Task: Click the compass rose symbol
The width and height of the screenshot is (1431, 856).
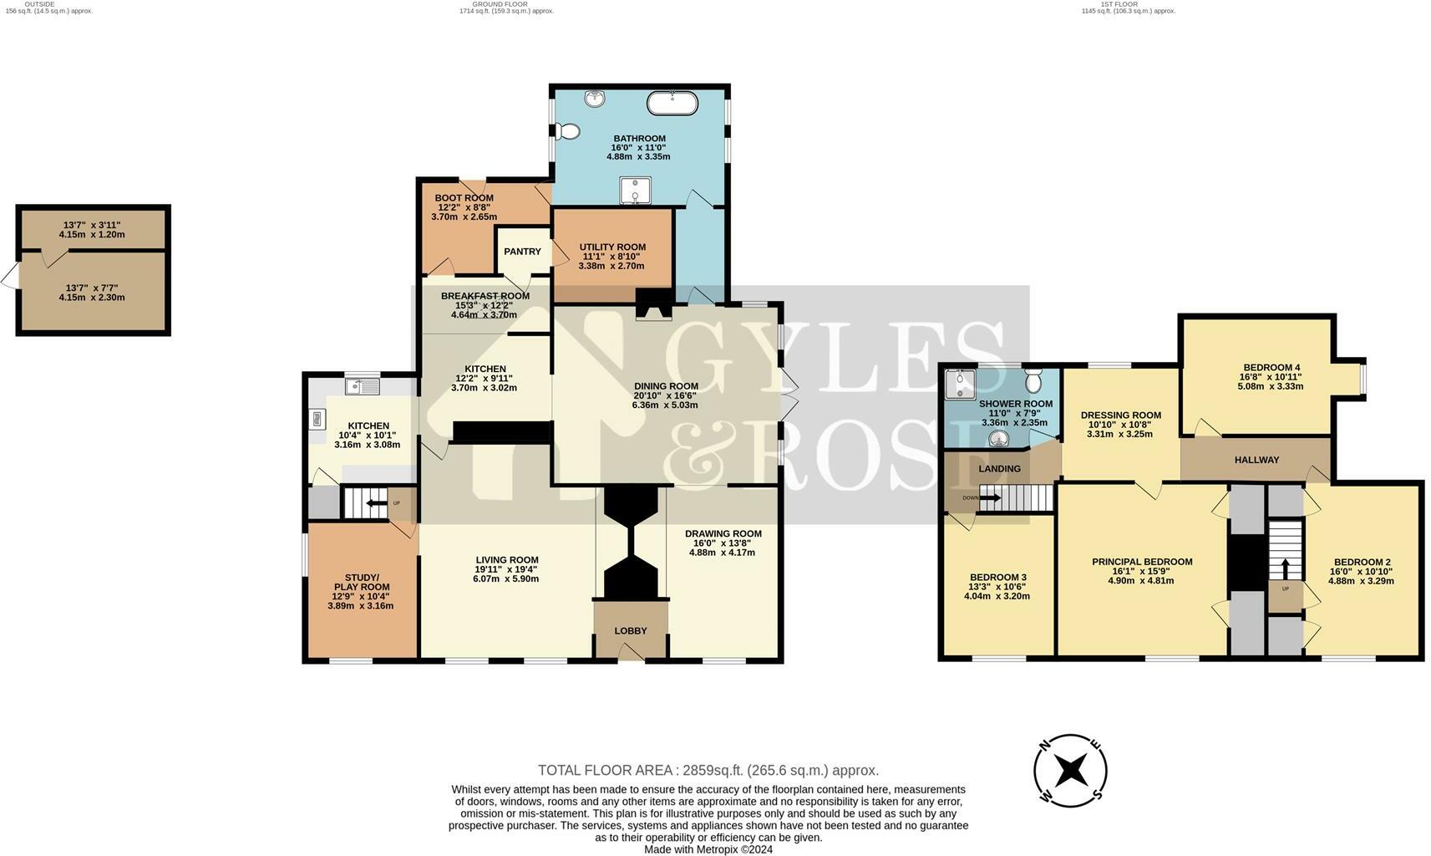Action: click(1070, 771)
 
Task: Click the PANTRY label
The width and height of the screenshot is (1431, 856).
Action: click(522, 251)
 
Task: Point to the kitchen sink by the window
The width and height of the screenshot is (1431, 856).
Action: click(363, 386)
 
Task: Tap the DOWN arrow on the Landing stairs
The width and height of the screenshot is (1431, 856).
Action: click(989, 498)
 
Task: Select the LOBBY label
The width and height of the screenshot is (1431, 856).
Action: click(631, 630)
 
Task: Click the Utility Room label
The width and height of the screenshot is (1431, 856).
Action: click(612, 247)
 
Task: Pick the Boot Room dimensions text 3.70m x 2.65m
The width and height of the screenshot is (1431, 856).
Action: click(464, 217)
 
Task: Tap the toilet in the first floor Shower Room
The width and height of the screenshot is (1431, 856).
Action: click(1033, 381)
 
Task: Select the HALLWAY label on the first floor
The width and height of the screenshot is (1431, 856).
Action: click(1256, 459)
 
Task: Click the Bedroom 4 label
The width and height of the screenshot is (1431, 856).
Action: click(1271, 367)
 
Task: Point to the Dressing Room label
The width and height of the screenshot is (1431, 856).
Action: click(1120, 415)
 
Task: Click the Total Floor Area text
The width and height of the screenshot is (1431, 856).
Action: click(708, 770)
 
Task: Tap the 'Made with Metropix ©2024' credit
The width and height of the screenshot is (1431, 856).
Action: click(708, 849)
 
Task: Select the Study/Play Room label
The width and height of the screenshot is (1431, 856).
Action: click(361, 582)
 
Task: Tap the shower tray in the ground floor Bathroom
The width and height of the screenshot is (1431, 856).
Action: click(634, 191)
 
